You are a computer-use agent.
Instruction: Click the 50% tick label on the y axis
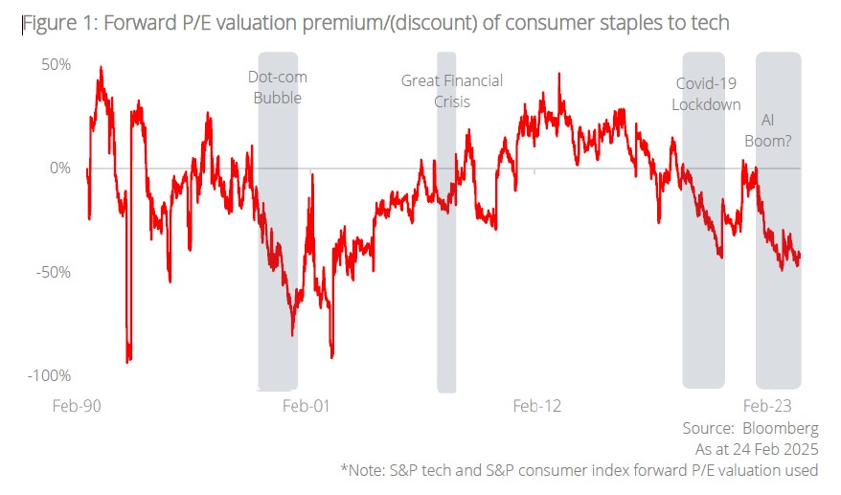55,64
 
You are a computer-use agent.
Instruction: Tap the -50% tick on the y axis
52,271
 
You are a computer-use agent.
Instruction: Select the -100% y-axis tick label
48,374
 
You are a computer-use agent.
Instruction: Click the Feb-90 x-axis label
77,406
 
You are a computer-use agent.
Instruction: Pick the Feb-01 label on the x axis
306,406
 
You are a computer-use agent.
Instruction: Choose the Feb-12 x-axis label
537,406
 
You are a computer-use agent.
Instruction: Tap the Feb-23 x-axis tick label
768,406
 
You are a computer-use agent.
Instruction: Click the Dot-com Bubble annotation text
278,87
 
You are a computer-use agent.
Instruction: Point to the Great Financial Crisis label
451,91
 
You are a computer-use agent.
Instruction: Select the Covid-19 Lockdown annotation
706,94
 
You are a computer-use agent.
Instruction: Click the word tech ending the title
709,23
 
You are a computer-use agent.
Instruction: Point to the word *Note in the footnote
362,470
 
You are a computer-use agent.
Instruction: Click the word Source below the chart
707,427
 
